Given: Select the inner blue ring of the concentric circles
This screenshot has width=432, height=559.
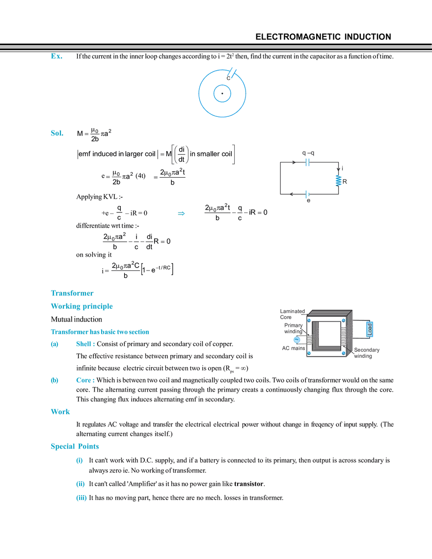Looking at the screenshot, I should tap(214, 93).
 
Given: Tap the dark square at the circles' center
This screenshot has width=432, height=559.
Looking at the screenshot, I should tap(222, 93).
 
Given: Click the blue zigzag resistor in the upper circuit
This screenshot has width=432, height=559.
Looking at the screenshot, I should tap(338, 181).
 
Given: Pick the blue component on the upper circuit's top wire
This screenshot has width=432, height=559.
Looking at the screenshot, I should tap(307, 161).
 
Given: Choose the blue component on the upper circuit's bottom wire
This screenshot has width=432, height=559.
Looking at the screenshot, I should tap(307, 195).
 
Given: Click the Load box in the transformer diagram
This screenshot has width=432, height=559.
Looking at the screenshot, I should tap(370, 329).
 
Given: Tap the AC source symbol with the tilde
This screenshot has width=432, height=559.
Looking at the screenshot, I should tap(296, 340).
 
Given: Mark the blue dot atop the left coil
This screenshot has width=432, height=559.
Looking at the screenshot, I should tap(309, 320).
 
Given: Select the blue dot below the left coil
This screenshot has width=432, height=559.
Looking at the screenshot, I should tap(309, 352).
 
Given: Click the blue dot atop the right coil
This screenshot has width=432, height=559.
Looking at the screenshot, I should tap(344, 320).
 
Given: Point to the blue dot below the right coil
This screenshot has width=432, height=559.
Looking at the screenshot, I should tap(344, 352).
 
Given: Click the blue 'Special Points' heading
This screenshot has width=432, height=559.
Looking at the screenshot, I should tap(75, 447).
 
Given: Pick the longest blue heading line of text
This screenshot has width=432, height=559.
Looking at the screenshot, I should tap(100, 332).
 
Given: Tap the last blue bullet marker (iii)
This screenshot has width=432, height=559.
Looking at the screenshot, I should tap(81, 498).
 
